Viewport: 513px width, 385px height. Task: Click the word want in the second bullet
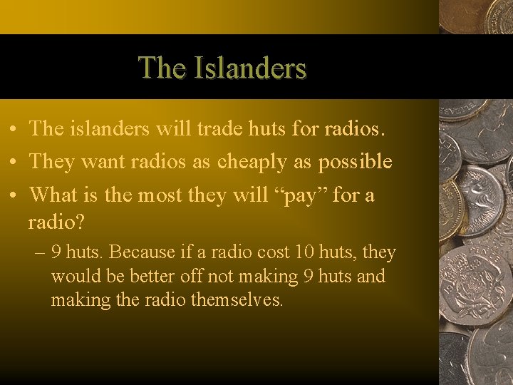pyautogui.click(x=104, y=162)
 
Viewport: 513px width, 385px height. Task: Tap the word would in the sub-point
pyautogui.click(x=72, y=276)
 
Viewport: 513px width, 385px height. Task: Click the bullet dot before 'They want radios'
pyautogui.click(x=14, y=163)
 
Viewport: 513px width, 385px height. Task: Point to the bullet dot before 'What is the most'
pyautogui.click(x=14, y=195)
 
